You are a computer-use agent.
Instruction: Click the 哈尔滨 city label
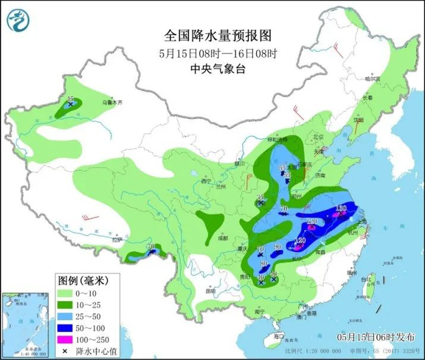372,79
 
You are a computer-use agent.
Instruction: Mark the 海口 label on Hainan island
278,335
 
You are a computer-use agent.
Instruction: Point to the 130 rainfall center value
341,208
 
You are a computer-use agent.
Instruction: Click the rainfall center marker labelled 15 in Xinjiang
70,104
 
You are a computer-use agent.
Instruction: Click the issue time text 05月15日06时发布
376,336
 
